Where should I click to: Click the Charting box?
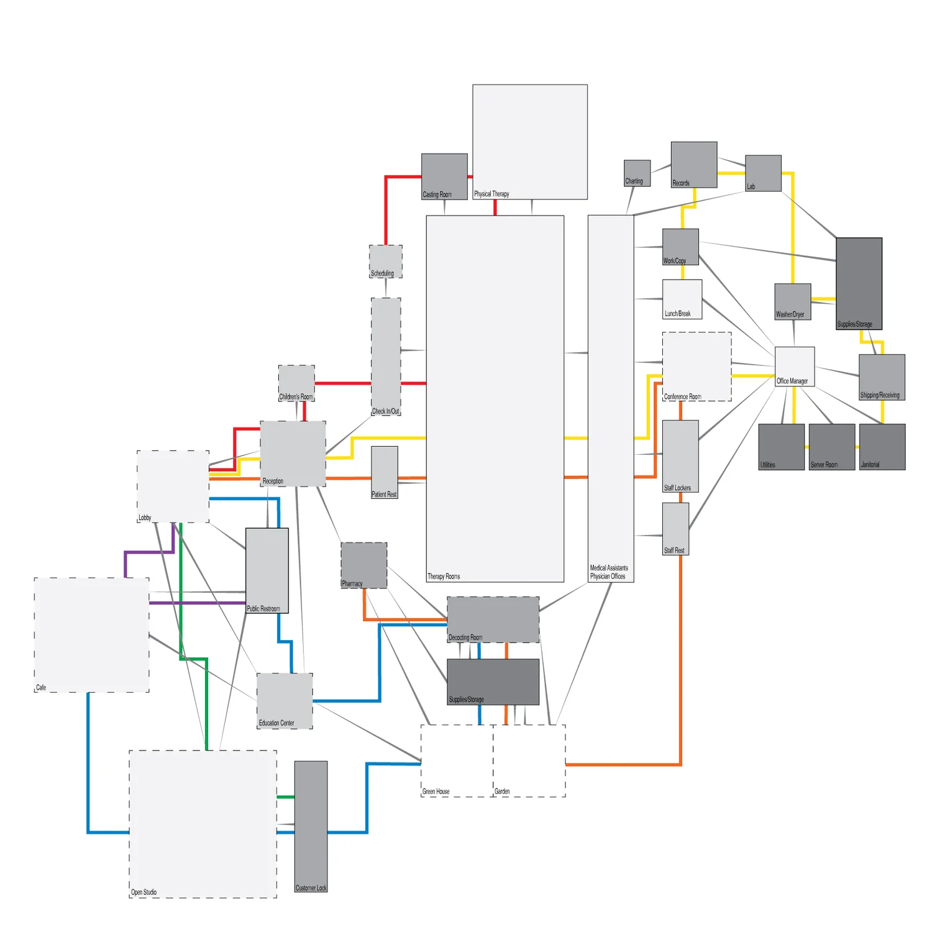pos(637,173)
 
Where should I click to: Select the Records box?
pos(694,164)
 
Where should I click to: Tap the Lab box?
pos(763,173)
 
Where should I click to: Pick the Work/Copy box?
pos(680,247)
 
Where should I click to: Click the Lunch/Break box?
pos(682,299)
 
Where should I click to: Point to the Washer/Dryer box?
pos(792,301)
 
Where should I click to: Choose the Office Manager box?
pos(795,366)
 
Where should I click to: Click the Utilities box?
pos(781,447)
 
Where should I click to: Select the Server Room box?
pos(831,447)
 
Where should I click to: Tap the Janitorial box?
pos(882,447)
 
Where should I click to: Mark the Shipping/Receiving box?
pos(882,377)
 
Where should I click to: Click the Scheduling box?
pos(386,261)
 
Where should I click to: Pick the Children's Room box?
pos(296,383)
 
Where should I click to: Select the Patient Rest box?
pos(385,472)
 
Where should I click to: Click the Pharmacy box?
pos(363,565)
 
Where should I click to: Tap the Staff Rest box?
pos(675,528)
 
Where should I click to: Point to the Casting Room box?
pos(444,176)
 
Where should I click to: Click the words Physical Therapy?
pos(491,194)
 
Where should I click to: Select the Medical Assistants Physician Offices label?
pos(608,572)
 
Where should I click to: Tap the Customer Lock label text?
pos(311,888)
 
